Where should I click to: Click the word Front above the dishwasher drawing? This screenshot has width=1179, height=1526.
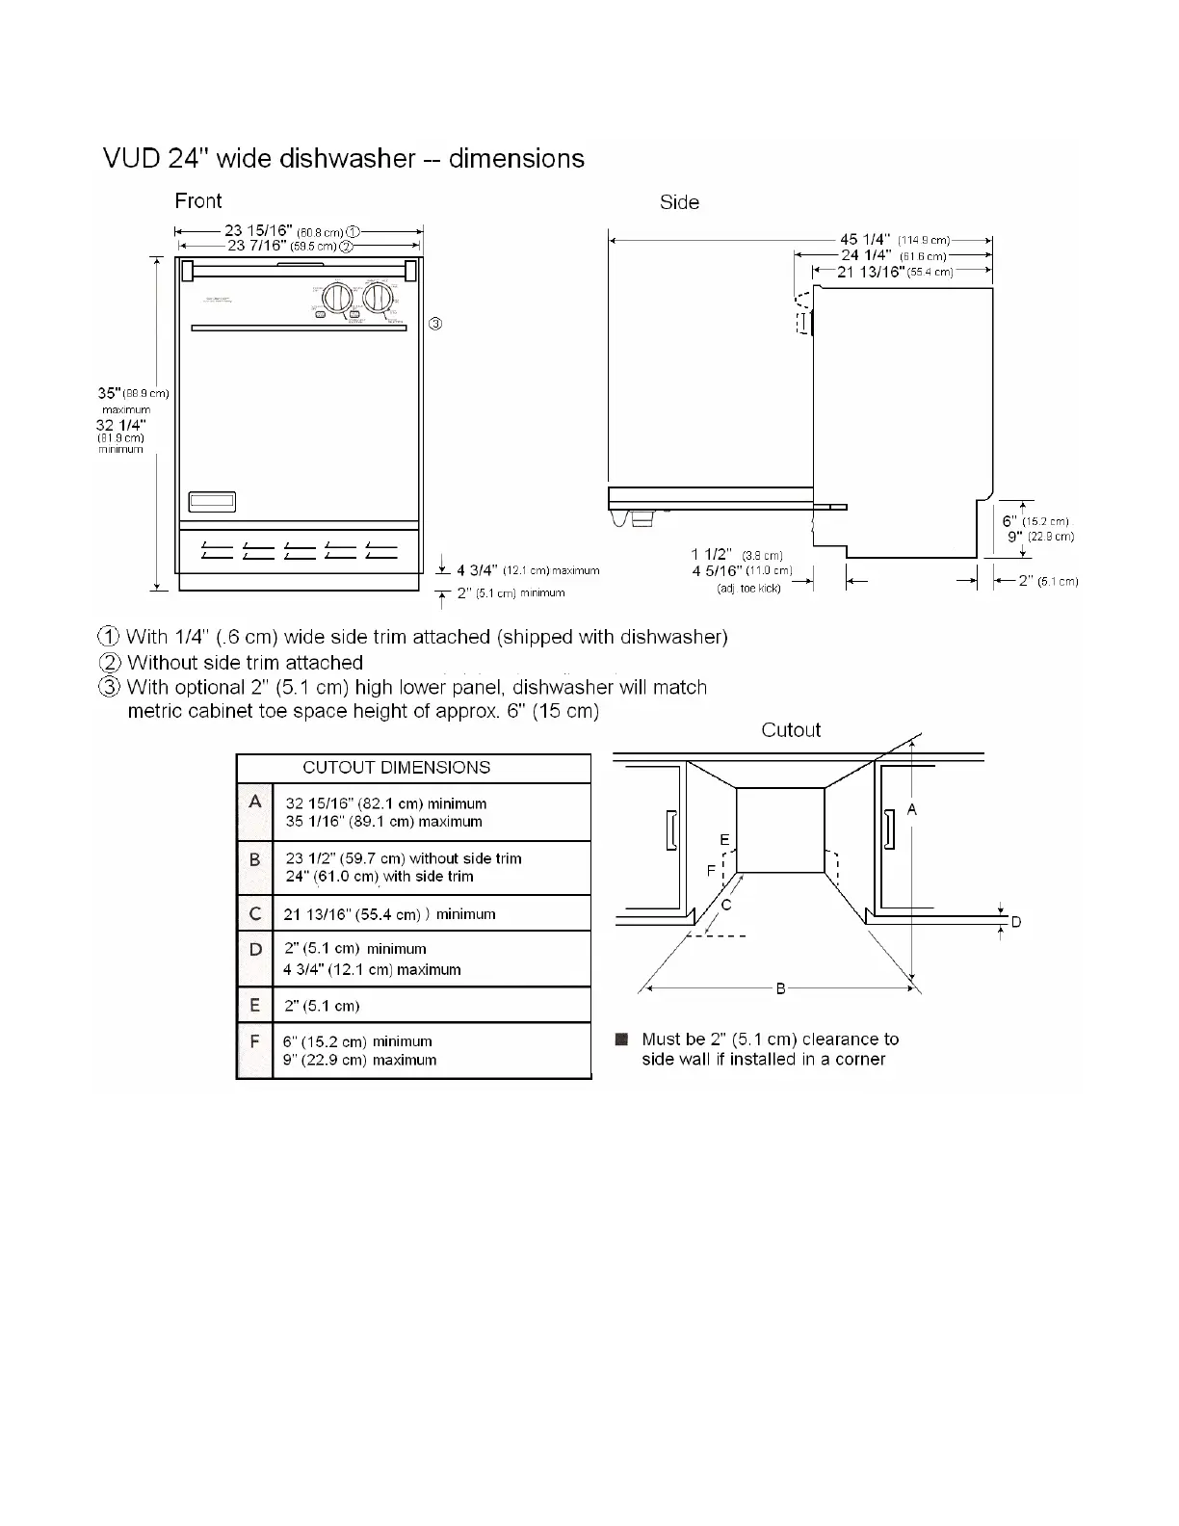point(197,201)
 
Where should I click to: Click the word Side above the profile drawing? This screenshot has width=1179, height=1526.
point(679,203)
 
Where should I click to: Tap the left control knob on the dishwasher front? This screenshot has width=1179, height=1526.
point(336,297)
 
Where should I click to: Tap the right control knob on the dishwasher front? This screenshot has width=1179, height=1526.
point(377,297)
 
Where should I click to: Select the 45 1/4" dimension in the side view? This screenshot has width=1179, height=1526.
point(862,239)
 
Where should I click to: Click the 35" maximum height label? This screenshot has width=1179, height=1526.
point(109,393)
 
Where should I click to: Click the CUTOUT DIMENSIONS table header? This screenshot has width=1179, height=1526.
point(396,768)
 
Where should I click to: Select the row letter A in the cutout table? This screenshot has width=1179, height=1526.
point(255,802)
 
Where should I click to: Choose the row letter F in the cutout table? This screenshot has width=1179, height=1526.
point(255,1042)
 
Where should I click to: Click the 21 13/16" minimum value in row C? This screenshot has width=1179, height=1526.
point(352,914)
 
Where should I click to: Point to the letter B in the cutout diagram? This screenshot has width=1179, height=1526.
point(781,988)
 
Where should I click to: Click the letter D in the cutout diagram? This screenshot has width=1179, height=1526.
point(1015,922)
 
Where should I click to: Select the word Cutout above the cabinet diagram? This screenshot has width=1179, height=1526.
point(791,730)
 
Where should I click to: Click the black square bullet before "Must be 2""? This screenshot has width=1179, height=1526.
point(621,1039)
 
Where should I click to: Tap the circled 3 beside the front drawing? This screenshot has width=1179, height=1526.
point(435,324)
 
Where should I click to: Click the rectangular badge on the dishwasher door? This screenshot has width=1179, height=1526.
point(212,502)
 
